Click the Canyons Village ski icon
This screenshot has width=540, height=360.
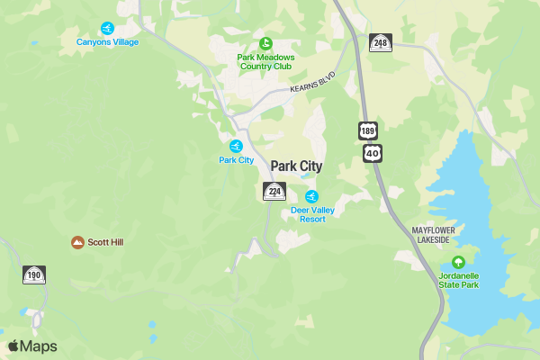pos(108,28)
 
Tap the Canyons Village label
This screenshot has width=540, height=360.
pos(108,42)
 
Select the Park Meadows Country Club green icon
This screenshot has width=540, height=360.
pos(265,42)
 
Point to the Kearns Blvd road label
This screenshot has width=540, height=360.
pos(313,82)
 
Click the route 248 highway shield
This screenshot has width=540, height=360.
pos(381,42)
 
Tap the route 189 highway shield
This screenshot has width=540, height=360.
pos(367,131)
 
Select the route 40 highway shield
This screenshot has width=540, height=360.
pos(373,153)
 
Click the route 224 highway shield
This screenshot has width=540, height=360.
pos(274,191)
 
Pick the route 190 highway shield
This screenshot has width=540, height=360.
pos(34,275)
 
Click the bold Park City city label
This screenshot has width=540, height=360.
pos(296,166)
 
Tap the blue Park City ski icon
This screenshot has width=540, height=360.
pos(237,146)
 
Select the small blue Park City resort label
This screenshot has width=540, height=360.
pos(237,160)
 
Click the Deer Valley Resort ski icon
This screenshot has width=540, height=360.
pos(311,196)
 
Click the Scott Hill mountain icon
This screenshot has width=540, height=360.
pos(78,242)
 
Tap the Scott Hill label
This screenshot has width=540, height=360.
pos(106,242)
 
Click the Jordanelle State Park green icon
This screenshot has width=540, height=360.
pos(458,263)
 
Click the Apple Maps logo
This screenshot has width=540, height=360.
pos(32,346)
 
